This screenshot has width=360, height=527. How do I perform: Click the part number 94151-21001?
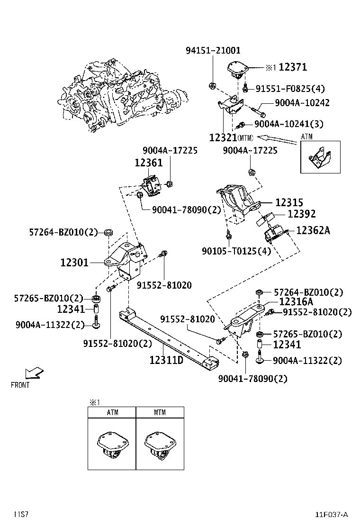pos(212,50)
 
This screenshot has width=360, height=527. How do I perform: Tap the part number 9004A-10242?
pos(302,103)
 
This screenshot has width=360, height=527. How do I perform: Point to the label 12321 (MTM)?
pos(223,137)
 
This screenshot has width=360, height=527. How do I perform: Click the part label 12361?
pos(148,163)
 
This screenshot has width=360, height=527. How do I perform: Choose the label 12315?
pos(289,203)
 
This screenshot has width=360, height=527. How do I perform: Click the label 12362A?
pos(313,231)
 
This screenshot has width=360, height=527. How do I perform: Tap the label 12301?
pos(74,262)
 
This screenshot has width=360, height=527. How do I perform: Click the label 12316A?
pos(296,301)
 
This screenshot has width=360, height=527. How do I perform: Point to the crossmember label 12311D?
pos(166,360)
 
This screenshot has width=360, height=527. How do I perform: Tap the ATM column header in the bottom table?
pos(112,412)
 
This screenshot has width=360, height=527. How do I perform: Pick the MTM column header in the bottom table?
pos(160,412)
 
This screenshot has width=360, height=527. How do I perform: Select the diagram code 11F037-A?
pos(332,514)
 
